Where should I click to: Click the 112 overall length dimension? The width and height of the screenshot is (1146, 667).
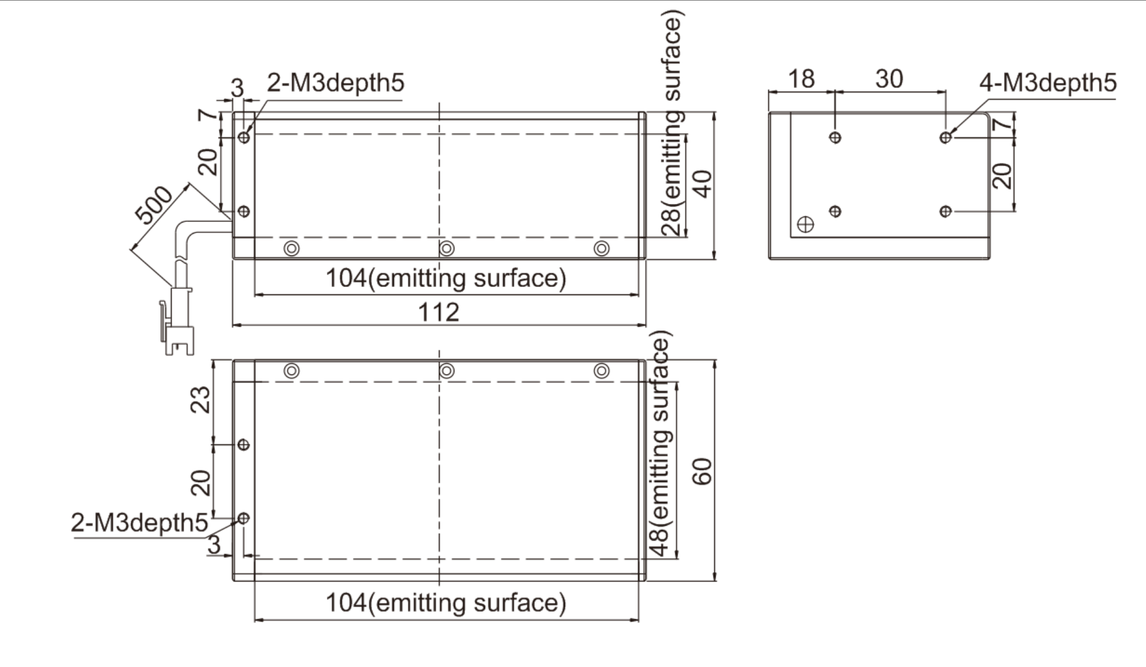[438, 312]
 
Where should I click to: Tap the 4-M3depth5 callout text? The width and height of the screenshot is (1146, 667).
[1048, 82]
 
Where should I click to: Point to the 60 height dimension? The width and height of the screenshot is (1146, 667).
[702, 471]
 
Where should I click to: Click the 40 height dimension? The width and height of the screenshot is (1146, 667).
[702, 183]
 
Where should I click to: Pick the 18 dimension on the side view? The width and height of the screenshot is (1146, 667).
[801, 79]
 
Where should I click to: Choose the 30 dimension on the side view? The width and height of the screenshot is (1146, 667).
[889, 79]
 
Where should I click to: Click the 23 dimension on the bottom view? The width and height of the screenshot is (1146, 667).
[200, 400]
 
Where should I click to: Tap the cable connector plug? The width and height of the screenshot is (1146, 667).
[177, 322]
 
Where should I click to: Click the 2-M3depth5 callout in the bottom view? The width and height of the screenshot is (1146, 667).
[139, 523]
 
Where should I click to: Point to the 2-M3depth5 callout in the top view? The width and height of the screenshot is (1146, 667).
[335, 82]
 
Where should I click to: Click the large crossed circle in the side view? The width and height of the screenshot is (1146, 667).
[805, 224]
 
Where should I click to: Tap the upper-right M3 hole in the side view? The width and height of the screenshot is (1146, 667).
[945, 137]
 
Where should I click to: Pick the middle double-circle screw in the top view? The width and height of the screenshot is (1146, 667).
[446, 249]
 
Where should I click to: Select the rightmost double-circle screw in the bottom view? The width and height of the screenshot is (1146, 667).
[602, 371]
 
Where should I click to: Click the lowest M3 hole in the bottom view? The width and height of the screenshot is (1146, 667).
[244, 518]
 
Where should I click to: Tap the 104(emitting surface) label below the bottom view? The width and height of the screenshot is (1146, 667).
[446, 603]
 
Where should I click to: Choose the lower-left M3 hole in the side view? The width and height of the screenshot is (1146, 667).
[835, 211]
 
